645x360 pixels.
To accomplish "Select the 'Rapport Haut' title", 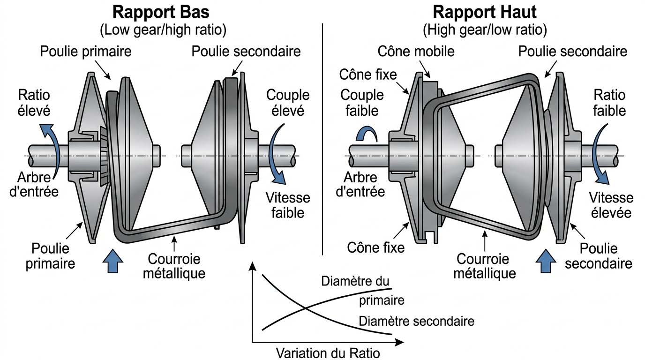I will [484, 12].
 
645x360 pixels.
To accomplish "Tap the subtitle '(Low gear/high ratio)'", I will [163, 30].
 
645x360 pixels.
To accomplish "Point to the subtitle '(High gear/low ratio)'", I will [485, 30].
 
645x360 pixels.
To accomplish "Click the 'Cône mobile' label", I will [416, 51].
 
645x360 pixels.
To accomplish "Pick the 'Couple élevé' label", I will [288, 103].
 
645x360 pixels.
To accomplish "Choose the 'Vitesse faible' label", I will [285, 205].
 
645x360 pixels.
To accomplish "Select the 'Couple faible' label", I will [362, 103].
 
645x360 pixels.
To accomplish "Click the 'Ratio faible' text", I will [609, 103].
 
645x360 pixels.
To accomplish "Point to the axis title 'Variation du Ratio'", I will [328, 352].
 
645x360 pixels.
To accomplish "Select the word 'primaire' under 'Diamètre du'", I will [382, 300].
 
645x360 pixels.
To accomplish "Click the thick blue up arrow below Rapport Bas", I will [113, 261].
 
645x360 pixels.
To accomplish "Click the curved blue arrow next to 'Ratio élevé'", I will [50, 141].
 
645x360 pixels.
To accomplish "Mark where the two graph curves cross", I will [305, 308].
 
